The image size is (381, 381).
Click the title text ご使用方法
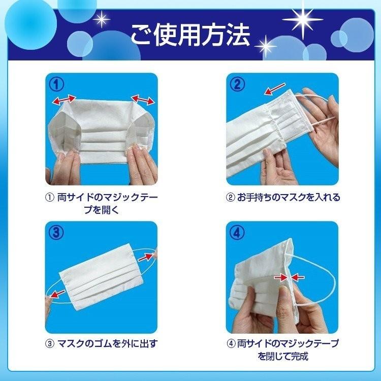(x=190, y=35)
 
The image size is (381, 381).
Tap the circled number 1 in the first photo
(x=56, y=84)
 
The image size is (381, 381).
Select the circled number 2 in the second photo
(x=237, y=84)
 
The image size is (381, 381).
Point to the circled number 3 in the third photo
(x=56, y=233)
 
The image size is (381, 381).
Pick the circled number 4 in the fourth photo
(x=237, y=233)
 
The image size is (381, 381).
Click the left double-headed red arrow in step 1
(x=64, y=100)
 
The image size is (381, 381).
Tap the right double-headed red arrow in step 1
(x=143, y=100)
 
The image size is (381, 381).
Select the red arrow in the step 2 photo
(x=275, y=89)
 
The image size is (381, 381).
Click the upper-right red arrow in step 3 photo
(x=146, y=257)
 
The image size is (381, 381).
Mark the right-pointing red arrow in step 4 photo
(x=281, y=277)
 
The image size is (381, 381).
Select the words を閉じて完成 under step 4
(x=283, y=356)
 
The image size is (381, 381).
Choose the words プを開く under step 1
(x=102, y=210)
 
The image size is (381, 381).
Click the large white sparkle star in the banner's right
(x=303, y=19)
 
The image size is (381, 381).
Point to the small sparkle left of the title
(x=101, y=19)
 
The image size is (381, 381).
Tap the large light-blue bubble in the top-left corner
(x=30, y=24)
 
